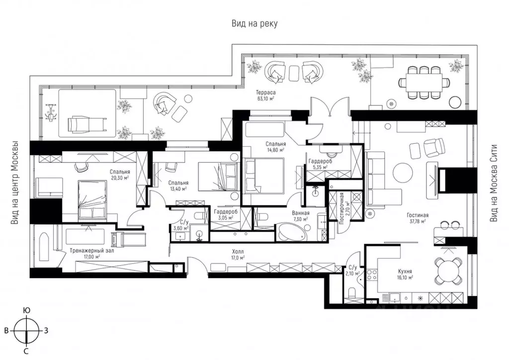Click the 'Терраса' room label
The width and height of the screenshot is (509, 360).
[x=266, y=92]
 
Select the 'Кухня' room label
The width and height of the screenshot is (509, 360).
[x=405, y=271]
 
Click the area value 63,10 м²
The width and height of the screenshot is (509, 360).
[x=266, y=98]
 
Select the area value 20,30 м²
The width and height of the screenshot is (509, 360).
[x=119, y=178]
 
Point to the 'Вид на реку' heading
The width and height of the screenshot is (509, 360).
[x=254, y=23]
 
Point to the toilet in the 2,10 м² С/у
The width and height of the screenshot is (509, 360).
[x=352, y=294]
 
